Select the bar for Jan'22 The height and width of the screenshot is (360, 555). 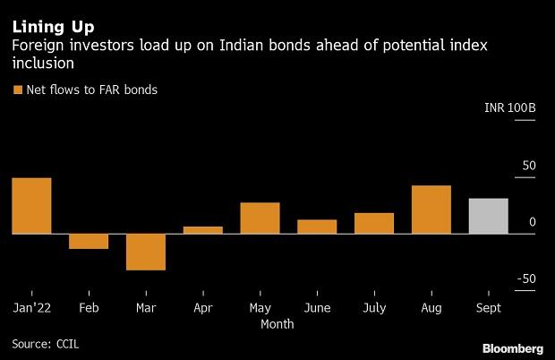[x=31, y=206]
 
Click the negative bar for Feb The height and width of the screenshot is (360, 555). [x=89, y=241]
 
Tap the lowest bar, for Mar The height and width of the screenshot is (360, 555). [x=146, y=252]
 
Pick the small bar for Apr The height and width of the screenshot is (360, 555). [x=203, y=230]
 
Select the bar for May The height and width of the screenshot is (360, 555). [x=260, y=219]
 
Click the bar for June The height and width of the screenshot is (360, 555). [x=317, y=227]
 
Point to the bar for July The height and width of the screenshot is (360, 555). [x=374, y=223]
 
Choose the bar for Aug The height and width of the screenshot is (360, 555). [x=431, y=210]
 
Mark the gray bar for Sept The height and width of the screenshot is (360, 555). [x=489, y=216]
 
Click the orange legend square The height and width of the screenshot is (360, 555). [x=17, y=90]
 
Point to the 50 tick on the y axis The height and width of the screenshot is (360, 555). [x=528, y=166]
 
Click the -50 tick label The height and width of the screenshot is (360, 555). [x=525, y=279]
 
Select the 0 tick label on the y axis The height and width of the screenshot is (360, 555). [x=533, y=222]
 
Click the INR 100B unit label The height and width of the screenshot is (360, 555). [x=509, y=108]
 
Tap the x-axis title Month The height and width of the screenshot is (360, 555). [x=277, y=324]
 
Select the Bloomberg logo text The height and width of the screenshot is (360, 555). [x=513, y=347]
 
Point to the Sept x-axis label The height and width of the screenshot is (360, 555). [x=489, y=307]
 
